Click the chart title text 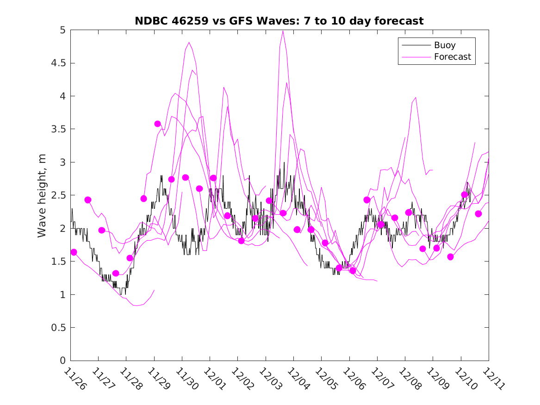(279, 21)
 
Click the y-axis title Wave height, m (42, 195)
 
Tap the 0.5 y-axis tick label (58, 328)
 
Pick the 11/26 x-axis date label (74, 379)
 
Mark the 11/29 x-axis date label (158, 379)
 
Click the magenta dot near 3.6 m (157, 124)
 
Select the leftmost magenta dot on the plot (74, 252)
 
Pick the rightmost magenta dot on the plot (478, 214)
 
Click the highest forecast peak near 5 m (283, 31)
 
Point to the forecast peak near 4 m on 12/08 (416, 98)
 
